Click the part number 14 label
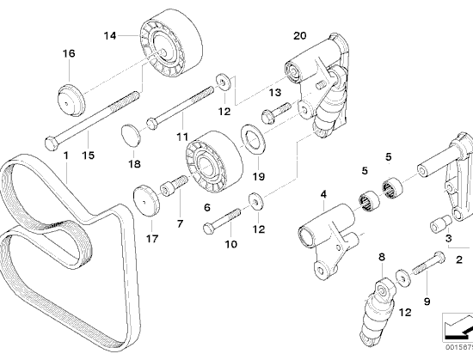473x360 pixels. (x=110, y=36)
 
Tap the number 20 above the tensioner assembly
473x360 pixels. (x=300, y=35)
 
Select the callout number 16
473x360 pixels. (x=69, y=53)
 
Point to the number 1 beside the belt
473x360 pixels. (x=65, y=156)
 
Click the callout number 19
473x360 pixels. (x=259, y=176)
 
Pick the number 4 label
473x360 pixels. (x=323, y=194)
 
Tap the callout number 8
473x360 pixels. (x=382, y=257)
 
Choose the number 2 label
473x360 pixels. (x=459, y=259)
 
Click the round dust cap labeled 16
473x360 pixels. (x=71, y=100)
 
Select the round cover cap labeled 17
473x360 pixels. (x=146, y=201)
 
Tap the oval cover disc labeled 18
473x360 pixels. (x=132, y=135)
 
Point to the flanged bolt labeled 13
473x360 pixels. (x=276, y=112)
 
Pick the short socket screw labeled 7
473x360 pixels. (x=173, y=186)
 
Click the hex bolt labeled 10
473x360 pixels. (x=223, y=221)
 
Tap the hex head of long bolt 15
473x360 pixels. (x=51, y=143)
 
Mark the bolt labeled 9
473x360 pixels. (x=427, y=264)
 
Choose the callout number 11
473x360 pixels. (x=182, y=137)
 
